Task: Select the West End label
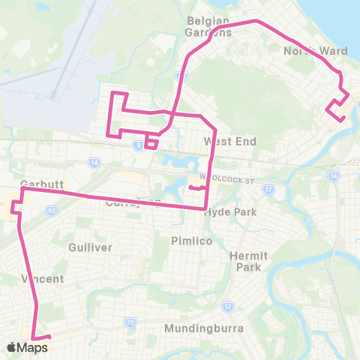tap(229, 142)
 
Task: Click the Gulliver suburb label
tap(90, 247)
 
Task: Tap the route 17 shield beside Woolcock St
tap(266, 190)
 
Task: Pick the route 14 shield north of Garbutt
tap(94, 162)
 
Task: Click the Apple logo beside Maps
tap(12, 347)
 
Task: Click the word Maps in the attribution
tap(33, 347)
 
